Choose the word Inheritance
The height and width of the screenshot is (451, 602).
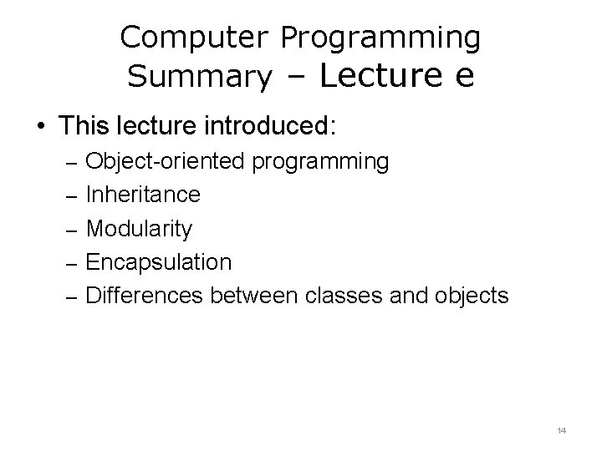(x=143, y=195)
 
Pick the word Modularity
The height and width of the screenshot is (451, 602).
(x=139, y=229)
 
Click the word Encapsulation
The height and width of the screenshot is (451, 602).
(x=159, y=262)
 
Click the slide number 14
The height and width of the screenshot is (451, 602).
(x=561, y=430)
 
